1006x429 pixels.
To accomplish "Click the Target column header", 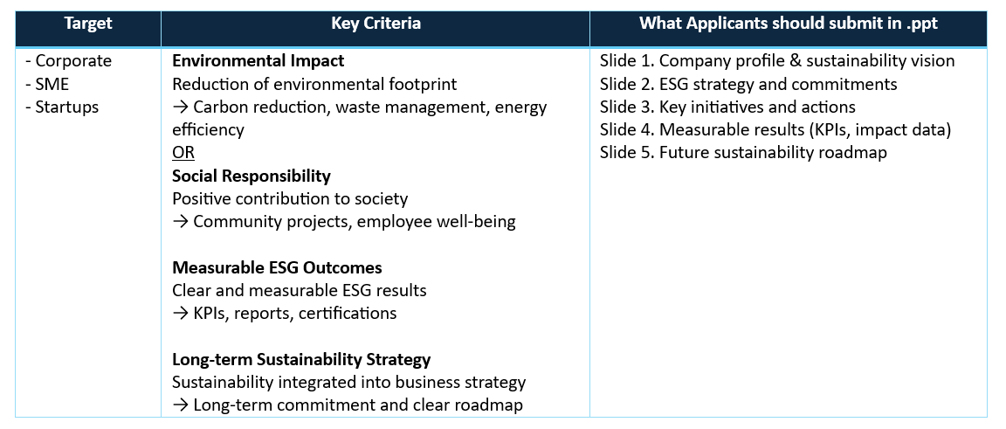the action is coord(88,24).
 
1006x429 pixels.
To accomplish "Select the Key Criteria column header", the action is coord(376,24).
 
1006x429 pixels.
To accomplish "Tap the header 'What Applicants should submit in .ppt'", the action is coord(789,24).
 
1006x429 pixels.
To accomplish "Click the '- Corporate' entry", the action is coord(69,61).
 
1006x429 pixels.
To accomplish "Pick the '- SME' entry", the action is coord(47,84).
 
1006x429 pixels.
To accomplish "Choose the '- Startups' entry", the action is coord(62,107).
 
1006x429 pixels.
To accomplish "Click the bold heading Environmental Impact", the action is coord(258,61).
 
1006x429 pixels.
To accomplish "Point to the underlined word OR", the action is coord(183,153).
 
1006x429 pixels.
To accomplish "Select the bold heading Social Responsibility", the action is coord(251,176).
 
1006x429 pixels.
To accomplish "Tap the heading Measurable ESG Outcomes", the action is coord(277,268).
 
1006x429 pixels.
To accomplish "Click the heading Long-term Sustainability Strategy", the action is coord(301,359).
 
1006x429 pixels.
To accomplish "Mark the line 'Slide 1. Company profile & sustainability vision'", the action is coord(777,61).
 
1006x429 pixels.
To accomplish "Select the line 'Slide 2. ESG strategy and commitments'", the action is coord(748,84).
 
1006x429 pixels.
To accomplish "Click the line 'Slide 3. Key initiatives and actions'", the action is coord(727,107).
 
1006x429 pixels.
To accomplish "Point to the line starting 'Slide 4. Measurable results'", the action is coord(775,130).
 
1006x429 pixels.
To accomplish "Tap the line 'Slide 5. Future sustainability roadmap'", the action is coord(744,153).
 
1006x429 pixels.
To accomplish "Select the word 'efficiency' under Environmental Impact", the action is coord(208,130).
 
